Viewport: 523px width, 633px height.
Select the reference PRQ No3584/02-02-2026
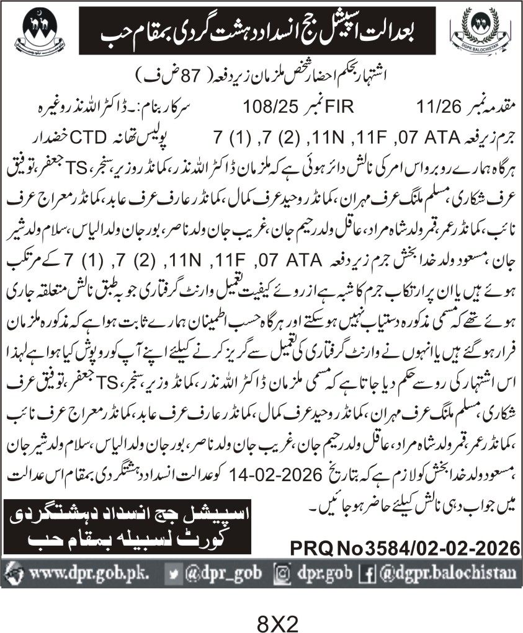coord(404,548)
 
